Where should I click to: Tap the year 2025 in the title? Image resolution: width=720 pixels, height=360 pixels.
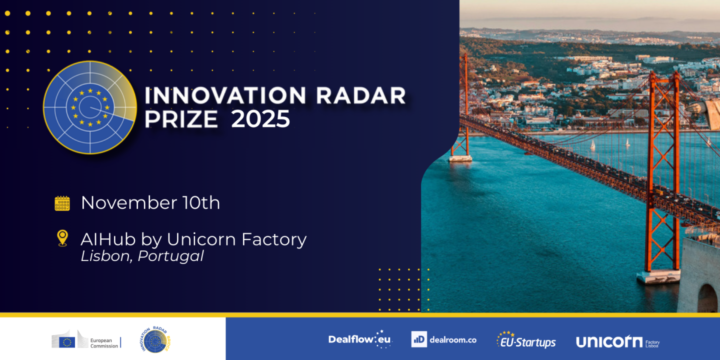[x=260, y=119]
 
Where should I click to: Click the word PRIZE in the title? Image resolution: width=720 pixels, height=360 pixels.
[x=181, y=119]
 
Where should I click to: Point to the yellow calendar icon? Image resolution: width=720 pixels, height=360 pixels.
[x=62, y=203]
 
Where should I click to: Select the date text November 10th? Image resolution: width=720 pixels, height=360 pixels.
[x=150, y=203]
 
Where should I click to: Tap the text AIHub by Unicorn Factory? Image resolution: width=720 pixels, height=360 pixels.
[x=193, y=239]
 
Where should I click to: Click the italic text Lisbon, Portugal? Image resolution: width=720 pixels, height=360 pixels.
[x=142, y=256]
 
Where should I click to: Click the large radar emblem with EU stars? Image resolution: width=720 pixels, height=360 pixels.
[x=90, y=107]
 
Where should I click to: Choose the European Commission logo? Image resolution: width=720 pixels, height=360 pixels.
[x=85, y=342]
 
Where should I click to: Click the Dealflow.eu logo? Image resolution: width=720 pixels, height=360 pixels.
[x=360, y=339]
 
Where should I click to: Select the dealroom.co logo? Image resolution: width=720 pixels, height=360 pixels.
[x=443, y=339]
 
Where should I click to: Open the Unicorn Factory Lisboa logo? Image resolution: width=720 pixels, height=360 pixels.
[x=617, y=342]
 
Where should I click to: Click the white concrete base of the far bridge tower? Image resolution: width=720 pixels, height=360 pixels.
[x=460, y=158]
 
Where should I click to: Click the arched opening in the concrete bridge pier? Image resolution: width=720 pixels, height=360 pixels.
[x=707, y=299]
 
